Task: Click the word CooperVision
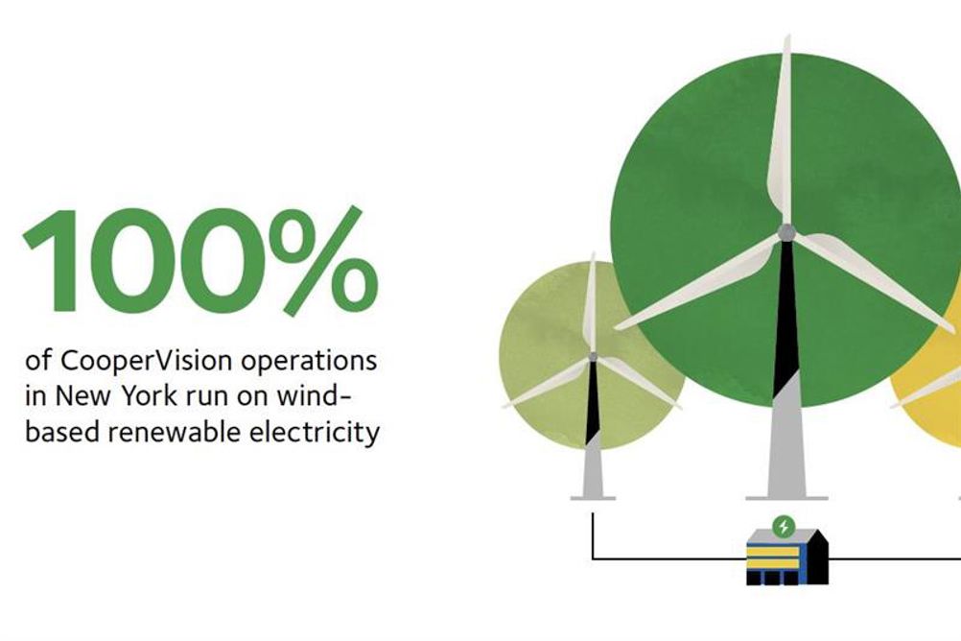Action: pos(147,361)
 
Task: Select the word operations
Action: pos(308,362)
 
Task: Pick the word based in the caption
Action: pos(63,432)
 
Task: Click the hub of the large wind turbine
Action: pos(786,232)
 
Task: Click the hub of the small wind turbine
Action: pos(592,357)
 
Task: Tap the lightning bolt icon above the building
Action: pos(783,526)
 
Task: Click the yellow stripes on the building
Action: pos(773,558)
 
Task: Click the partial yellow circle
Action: pos(928,380)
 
